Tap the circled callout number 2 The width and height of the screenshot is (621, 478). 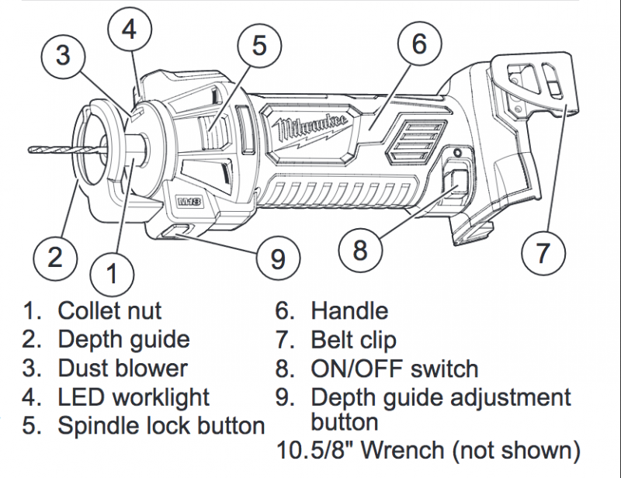(54, 257)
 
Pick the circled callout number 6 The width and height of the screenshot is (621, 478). (418, 43)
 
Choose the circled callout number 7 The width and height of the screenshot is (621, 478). (548, 252)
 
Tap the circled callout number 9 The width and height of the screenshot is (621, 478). (276, 257)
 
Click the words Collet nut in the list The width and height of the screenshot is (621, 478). (109, 311)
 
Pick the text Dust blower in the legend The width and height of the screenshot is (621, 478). (123, 368)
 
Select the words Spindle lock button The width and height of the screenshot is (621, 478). (161, 425)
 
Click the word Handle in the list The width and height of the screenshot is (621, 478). (349, 311)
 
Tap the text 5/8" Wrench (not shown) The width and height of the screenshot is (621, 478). (446, 450)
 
